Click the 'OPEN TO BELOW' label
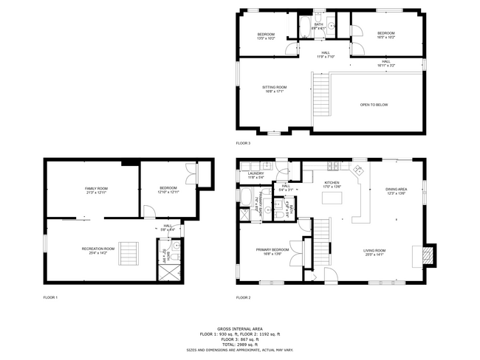tap(374, 105)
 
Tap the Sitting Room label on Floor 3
tap(273, 90)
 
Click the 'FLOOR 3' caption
tap(243, 143)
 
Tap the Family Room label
tap(96, 191)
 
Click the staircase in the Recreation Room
tap(130, 253)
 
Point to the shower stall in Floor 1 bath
tap(165, 271)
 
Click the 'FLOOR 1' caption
tap(50, 297)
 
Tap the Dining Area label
tap(397, 191)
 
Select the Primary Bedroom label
tap(272, 252)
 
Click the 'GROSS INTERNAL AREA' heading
tap(240, 329)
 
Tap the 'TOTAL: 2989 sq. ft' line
tap(240, 345)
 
